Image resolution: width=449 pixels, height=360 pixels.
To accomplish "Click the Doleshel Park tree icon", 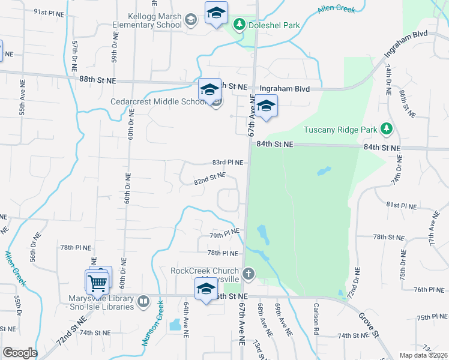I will click(240, 25).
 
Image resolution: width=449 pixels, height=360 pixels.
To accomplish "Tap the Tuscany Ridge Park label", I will click(340, 130).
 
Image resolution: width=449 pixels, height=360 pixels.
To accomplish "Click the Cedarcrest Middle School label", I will click(158, 101).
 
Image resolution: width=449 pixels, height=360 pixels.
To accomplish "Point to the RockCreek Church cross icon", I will click(249, 274).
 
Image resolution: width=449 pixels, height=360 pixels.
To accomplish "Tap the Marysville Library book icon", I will click(143, 302).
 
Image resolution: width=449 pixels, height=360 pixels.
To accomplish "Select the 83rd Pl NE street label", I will click(228, 163).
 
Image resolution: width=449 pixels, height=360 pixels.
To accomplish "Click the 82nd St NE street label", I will click(209, 179).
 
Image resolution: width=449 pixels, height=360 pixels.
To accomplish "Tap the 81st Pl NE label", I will click(401, 205).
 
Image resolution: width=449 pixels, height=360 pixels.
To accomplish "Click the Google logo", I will click(20, 353).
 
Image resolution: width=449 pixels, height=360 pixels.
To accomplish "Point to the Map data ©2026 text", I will click(423, 355).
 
